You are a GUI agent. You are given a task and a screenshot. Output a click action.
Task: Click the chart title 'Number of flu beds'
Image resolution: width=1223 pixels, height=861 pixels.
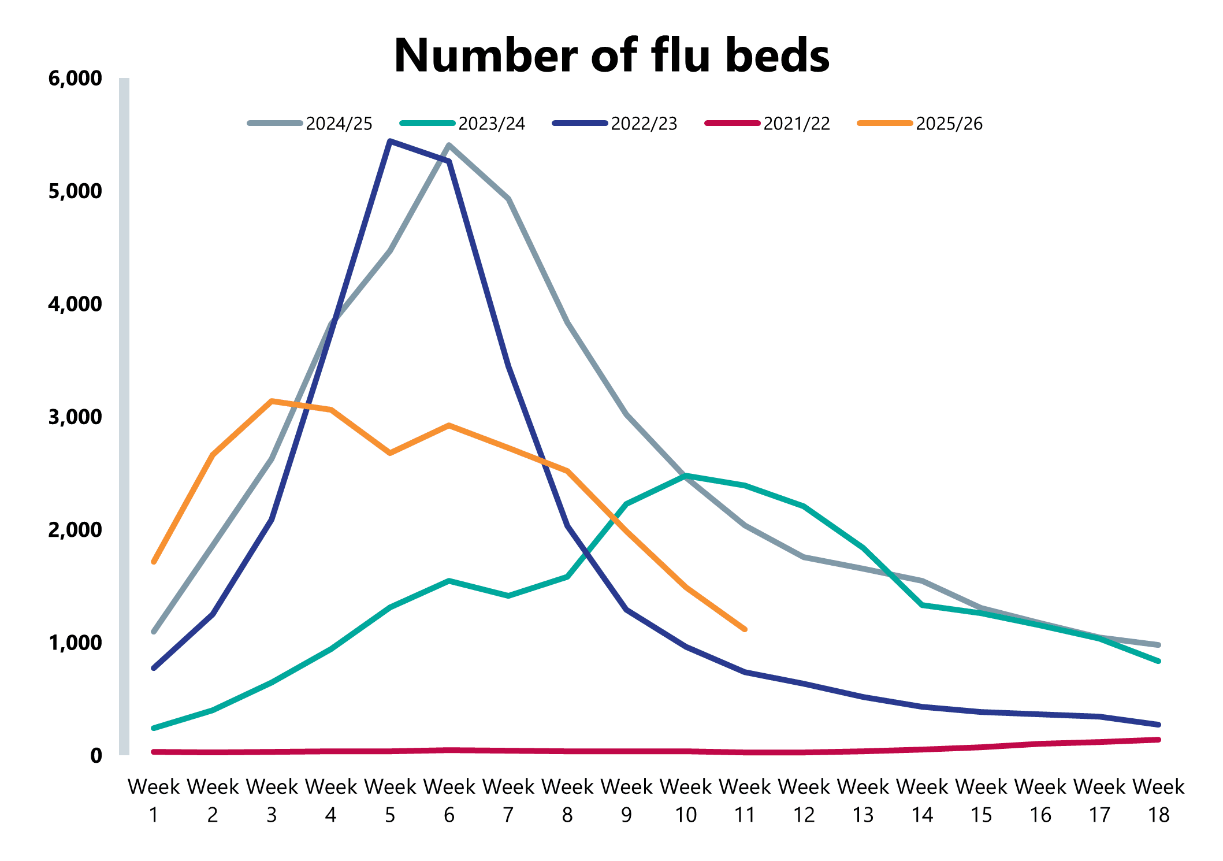[x=611, y=56]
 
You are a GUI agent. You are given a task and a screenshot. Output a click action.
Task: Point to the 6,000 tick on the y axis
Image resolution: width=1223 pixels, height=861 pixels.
[x=75, y=79]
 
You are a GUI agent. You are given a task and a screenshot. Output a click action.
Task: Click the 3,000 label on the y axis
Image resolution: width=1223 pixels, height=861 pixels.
[x=75, y=417]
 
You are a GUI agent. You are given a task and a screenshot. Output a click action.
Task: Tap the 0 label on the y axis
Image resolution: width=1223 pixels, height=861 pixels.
[x=96, y=756]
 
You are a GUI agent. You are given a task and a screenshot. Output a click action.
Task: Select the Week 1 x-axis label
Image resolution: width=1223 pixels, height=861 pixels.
[x=154, y=800]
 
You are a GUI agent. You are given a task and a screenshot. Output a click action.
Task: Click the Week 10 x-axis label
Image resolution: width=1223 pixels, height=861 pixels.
[x=686, y=800]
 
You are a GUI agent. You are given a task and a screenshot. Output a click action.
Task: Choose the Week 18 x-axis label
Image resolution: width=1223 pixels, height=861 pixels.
[x=1158, y=800]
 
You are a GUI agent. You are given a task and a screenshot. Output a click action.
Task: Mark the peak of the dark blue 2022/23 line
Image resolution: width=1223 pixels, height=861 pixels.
[x=391, y=140]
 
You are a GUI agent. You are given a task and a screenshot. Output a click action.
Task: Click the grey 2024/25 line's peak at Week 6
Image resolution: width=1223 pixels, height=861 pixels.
[x=449, y=144]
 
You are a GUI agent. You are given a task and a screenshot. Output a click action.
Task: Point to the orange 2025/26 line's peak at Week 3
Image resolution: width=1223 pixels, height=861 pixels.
[x=272, y=400]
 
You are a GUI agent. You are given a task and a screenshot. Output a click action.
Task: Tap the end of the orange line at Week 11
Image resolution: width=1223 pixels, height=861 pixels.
[x=745, y=629]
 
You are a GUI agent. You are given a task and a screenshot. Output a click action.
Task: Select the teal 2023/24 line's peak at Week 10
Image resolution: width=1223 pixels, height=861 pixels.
[x=685, y=476]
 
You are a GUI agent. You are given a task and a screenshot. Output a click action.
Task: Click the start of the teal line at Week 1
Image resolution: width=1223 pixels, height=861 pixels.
[x=154, y=728]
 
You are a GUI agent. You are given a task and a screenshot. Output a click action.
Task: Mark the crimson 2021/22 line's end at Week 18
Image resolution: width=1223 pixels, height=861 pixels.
[x=1158, y=740]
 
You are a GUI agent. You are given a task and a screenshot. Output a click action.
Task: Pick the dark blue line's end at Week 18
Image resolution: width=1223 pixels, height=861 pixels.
[x=1158, y=725]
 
